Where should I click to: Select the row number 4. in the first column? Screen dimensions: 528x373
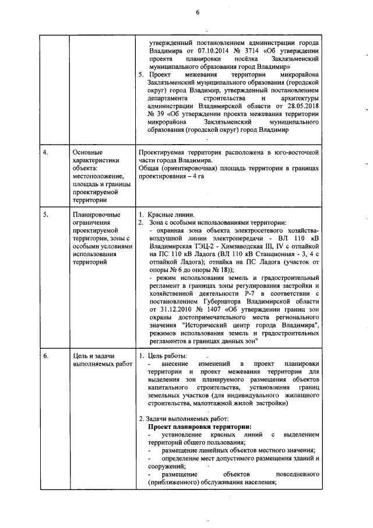(46, 152)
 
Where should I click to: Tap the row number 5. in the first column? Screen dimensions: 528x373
(46, 215)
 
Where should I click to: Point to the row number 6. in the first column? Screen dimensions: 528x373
(46, 355)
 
